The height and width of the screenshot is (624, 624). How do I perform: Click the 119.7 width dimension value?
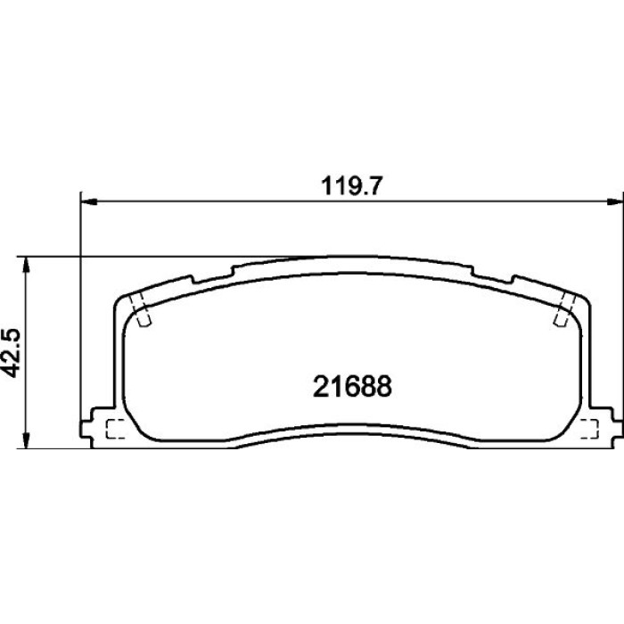click(x=351, y=185)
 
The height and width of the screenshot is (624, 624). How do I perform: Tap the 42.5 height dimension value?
click(x=11, y=353)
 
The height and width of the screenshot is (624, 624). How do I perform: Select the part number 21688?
click(x=352, y=386)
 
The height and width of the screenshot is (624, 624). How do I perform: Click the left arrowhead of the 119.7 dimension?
click(x=89, y=202)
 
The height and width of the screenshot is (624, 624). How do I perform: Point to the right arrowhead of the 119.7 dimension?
click(x=615, y=202)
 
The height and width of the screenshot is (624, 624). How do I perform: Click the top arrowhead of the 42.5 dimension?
click(x=26, y=265)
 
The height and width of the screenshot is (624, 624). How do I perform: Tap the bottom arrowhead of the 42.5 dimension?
click(x=26, y=440)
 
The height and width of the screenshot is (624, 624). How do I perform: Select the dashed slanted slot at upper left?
click(x=141, y=310)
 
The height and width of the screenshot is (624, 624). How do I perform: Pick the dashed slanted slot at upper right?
click(x=565, y=310)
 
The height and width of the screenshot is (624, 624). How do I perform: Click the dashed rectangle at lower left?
click(x=116, y=429)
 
